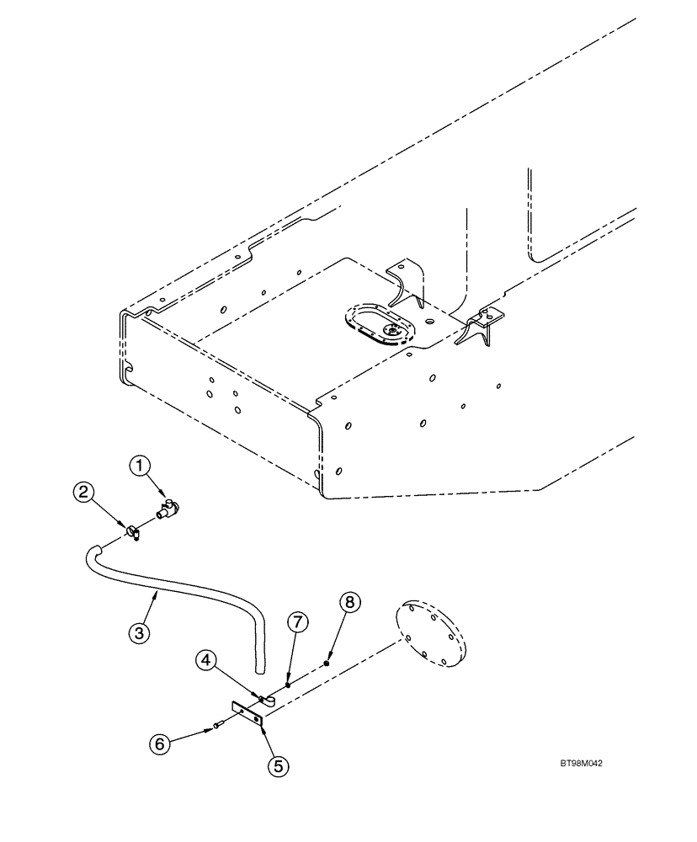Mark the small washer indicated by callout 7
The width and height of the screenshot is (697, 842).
[288, 684]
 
